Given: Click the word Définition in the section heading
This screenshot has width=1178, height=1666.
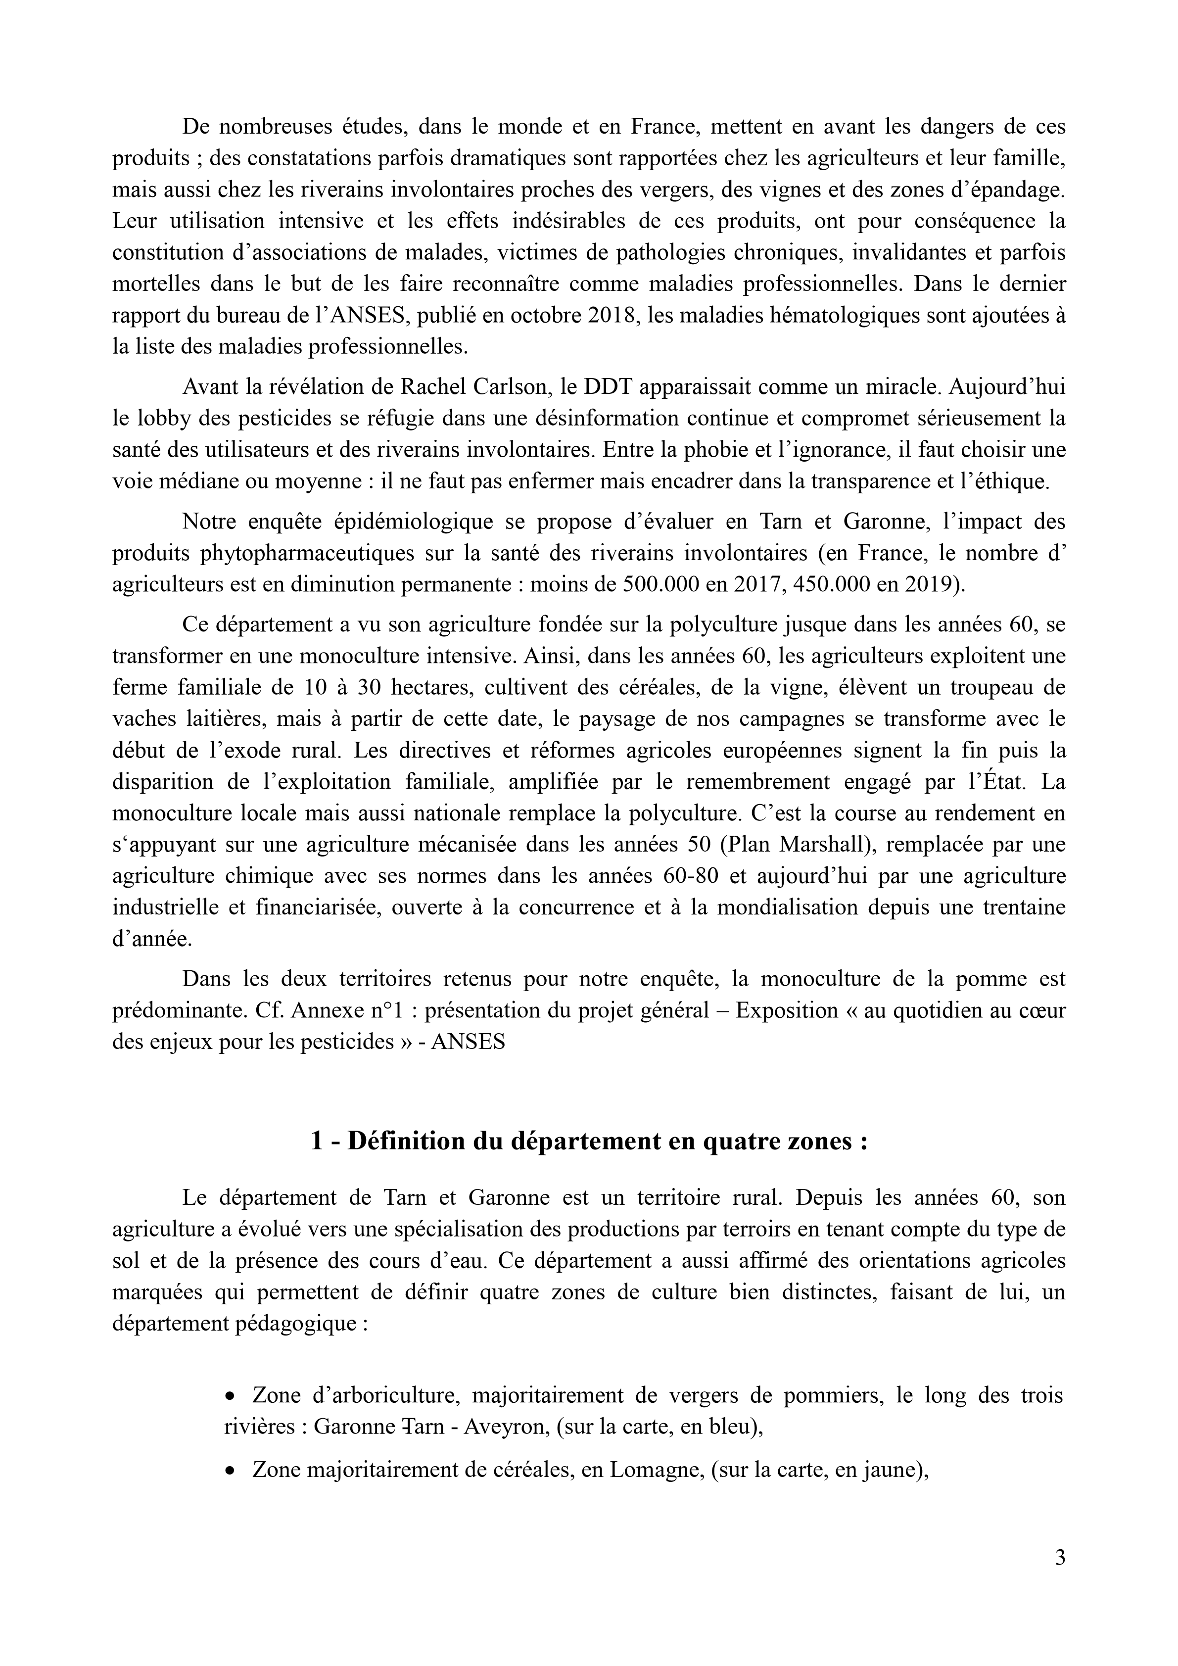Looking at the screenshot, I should click(x=411, y=1142).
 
